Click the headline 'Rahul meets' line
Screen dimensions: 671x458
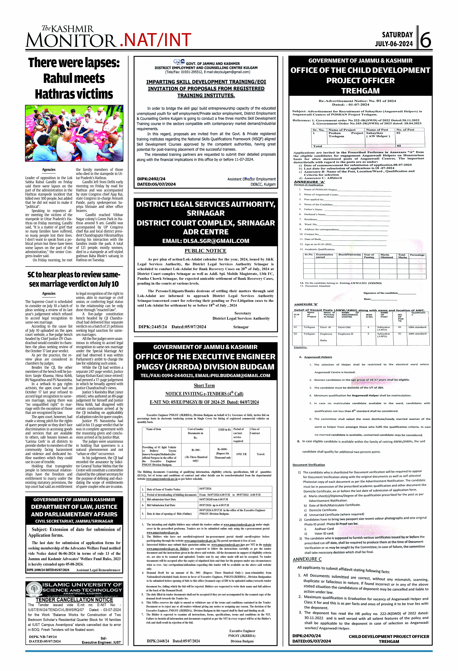coord(74,78)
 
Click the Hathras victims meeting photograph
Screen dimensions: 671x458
coord(74,133)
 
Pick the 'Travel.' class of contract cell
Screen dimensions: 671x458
coord(261,454)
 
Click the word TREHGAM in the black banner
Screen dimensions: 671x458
coord(361,91)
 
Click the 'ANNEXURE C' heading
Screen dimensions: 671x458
coord(307,559)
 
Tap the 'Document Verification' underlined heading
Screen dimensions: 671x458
coord(309,465)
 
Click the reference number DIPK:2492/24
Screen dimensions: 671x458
coord(151,179)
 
